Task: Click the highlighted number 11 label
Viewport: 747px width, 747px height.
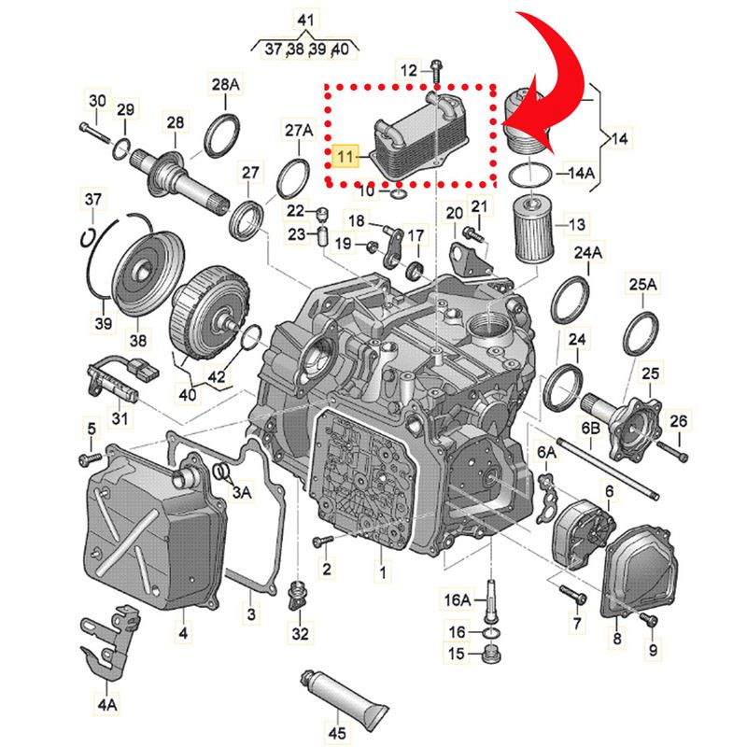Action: click(346, 156)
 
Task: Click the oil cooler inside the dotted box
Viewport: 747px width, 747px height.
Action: click(407, 143)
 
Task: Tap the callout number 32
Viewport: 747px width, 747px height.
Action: click(298, 635)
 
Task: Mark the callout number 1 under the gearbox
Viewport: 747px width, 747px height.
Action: click(380, 569)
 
